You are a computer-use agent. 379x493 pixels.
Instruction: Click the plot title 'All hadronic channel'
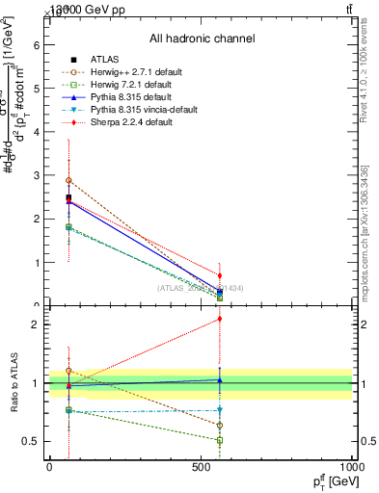pos(202,39)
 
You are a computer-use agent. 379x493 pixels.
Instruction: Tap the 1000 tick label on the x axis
pos(351,467)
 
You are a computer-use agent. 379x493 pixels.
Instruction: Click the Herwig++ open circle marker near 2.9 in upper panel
pos(68,180)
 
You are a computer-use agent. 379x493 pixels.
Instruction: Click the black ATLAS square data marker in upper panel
pos(68,197)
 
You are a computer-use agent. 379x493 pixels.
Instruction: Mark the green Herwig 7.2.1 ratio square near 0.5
pos(220,440)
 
